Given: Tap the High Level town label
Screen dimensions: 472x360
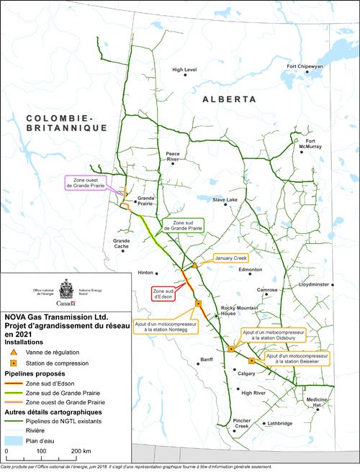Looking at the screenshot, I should point(184,70).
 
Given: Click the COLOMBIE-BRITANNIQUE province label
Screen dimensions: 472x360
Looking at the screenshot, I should point(56,122).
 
